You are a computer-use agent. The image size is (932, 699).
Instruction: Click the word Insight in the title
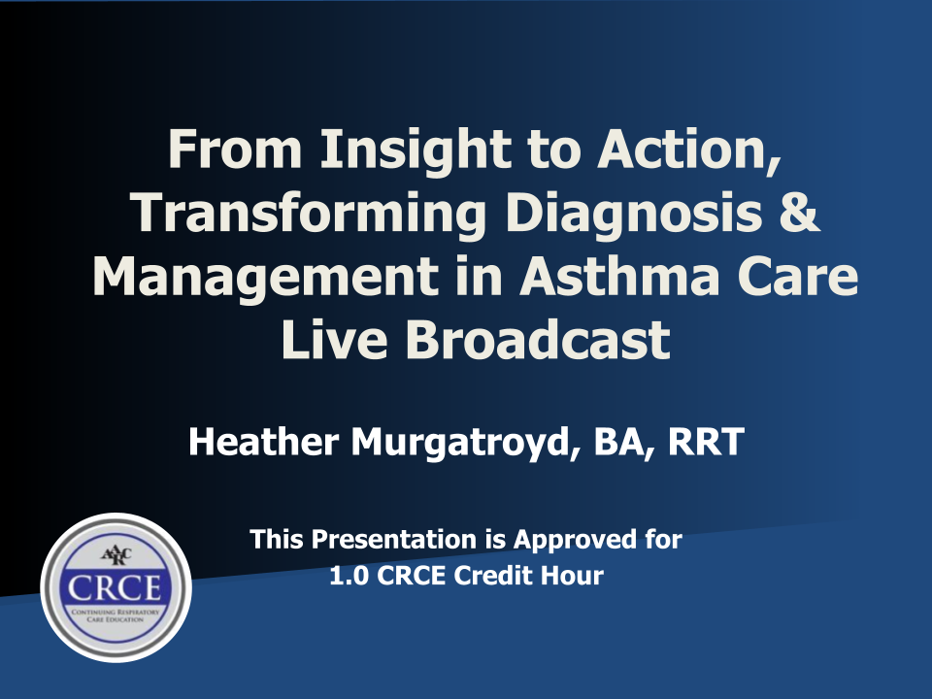pos(415,151)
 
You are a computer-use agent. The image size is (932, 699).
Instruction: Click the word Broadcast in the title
pos(538,340)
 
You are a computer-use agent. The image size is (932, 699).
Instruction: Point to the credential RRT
pos(706,442)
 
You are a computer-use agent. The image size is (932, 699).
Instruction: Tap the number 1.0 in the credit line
pos(349,576)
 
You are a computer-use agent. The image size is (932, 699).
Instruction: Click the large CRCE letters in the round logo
pos(115,588)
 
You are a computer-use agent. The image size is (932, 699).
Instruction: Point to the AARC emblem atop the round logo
pos(116,556)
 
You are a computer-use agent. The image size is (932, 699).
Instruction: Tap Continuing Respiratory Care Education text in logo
pos(116,616)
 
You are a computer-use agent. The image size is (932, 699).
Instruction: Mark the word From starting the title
pos(235,150)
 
